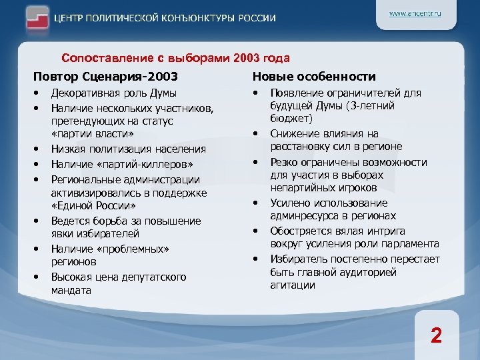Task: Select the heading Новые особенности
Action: coord(315,77)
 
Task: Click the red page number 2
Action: coord(435,335)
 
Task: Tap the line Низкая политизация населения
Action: coord(128,149)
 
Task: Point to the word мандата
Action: coord(72,290)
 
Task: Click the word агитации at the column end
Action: coord(292,285)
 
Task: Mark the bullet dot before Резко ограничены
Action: coord(256,161)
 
